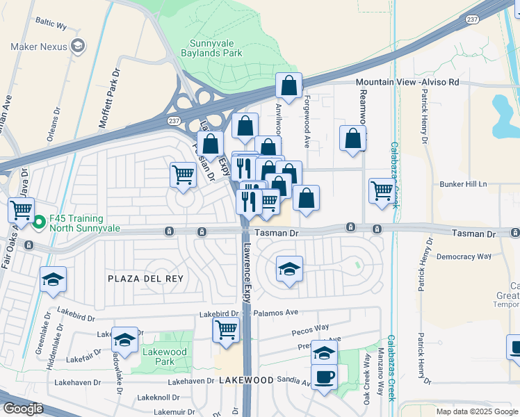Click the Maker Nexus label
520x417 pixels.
click(x=38, y=47)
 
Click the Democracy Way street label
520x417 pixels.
click(x=464, y=256)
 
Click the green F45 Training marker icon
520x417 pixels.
click(x=39, y=222)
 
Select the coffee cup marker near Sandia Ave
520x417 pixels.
click(x=325, y=378)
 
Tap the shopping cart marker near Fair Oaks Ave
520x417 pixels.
click(x=22, y=208)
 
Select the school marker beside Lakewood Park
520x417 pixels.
click(x=124, y=340)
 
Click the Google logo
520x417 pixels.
click(x=24, y=409)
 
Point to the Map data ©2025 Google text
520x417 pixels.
click(x=476, y=411)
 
